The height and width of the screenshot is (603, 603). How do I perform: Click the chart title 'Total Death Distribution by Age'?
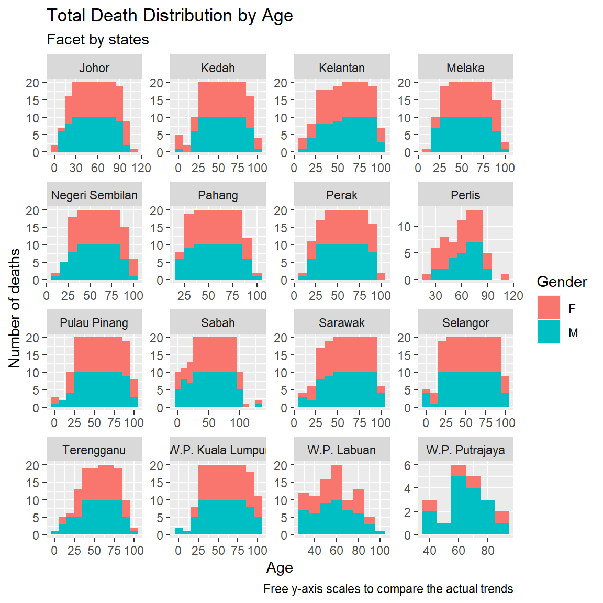tap(170, 16)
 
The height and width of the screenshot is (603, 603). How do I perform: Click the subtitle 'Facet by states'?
tap(98, 40)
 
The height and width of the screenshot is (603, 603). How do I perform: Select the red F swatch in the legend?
tap(548, 308)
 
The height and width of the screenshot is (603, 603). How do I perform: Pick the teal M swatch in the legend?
tap(548, 332)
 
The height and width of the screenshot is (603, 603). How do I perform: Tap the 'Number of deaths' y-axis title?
tap(15, 308)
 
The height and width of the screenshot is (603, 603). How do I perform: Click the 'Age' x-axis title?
tap(280, 568)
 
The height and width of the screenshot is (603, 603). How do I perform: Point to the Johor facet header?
tap(94, 68)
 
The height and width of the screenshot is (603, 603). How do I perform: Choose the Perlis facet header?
tap(465, 195)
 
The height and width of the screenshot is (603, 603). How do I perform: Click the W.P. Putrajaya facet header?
tap(465, 450)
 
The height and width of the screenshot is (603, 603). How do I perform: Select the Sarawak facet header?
tap(342, 323)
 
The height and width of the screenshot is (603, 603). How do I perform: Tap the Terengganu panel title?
tap(94, 450)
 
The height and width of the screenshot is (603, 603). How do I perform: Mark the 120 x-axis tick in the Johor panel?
tap(141, 168)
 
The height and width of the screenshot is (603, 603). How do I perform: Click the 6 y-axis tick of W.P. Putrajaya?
tap(411, 465)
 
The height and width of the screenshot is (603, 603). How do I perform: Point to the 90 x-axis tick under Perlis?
tap(487, 296)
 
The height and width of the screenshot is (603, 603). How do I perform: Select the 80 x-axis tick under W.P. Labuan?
tap(358, 551)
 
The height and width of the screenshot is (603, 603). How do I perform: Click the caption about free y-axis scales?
tap(388, 589)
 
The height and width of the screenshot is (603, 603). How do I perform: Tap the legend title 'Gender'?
tap(562, 282)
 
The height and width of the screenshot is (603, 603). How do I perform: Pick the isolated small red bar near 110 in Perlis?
tap(505, 277)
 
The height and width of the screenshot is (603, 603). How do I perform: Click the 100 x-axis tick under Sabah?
tap(240, 423)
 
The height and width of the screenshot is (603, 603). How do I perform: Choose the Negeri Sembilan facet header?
tap(94, 195)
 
